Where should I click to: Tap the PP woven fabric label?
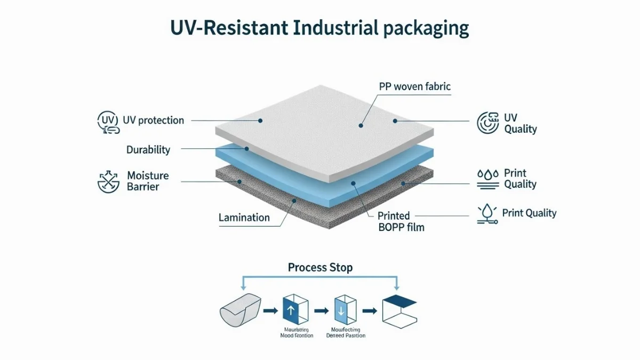coord(415,86)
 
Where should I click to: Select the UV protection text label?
coord(153,121)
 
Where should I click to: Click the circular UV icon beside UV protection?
coord(107,121)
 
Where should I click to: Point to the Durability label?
coord(148,150)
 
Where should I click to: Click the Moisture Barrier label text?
coord(148,181)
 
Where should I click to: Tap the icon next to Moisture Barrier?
coord(109,181)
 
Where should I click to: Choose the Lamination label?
coord(244,218)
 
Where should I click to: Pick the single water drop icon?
coord(486,213)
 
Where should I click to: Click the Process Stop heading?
coord(320,267)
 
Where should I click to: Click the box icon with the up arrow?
coord(296,309)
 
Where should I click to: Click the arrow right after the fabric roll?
coord(270,310)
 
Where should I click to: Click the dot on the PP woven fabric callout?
coord(361,126)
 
